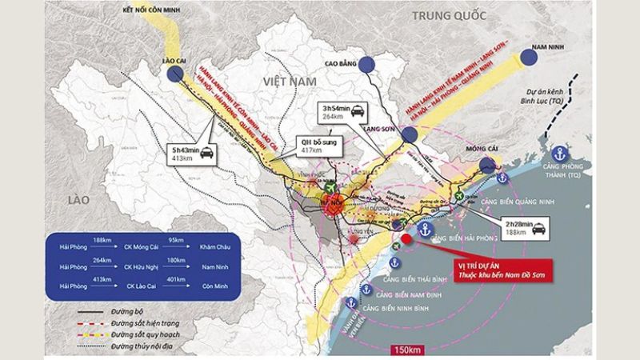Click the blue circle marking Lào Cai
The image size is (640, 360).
click(175, 75)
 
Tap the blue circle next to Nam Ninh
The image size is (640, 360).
click(530, 57)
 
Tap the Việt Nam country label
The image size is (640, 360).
click(286, 82)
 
